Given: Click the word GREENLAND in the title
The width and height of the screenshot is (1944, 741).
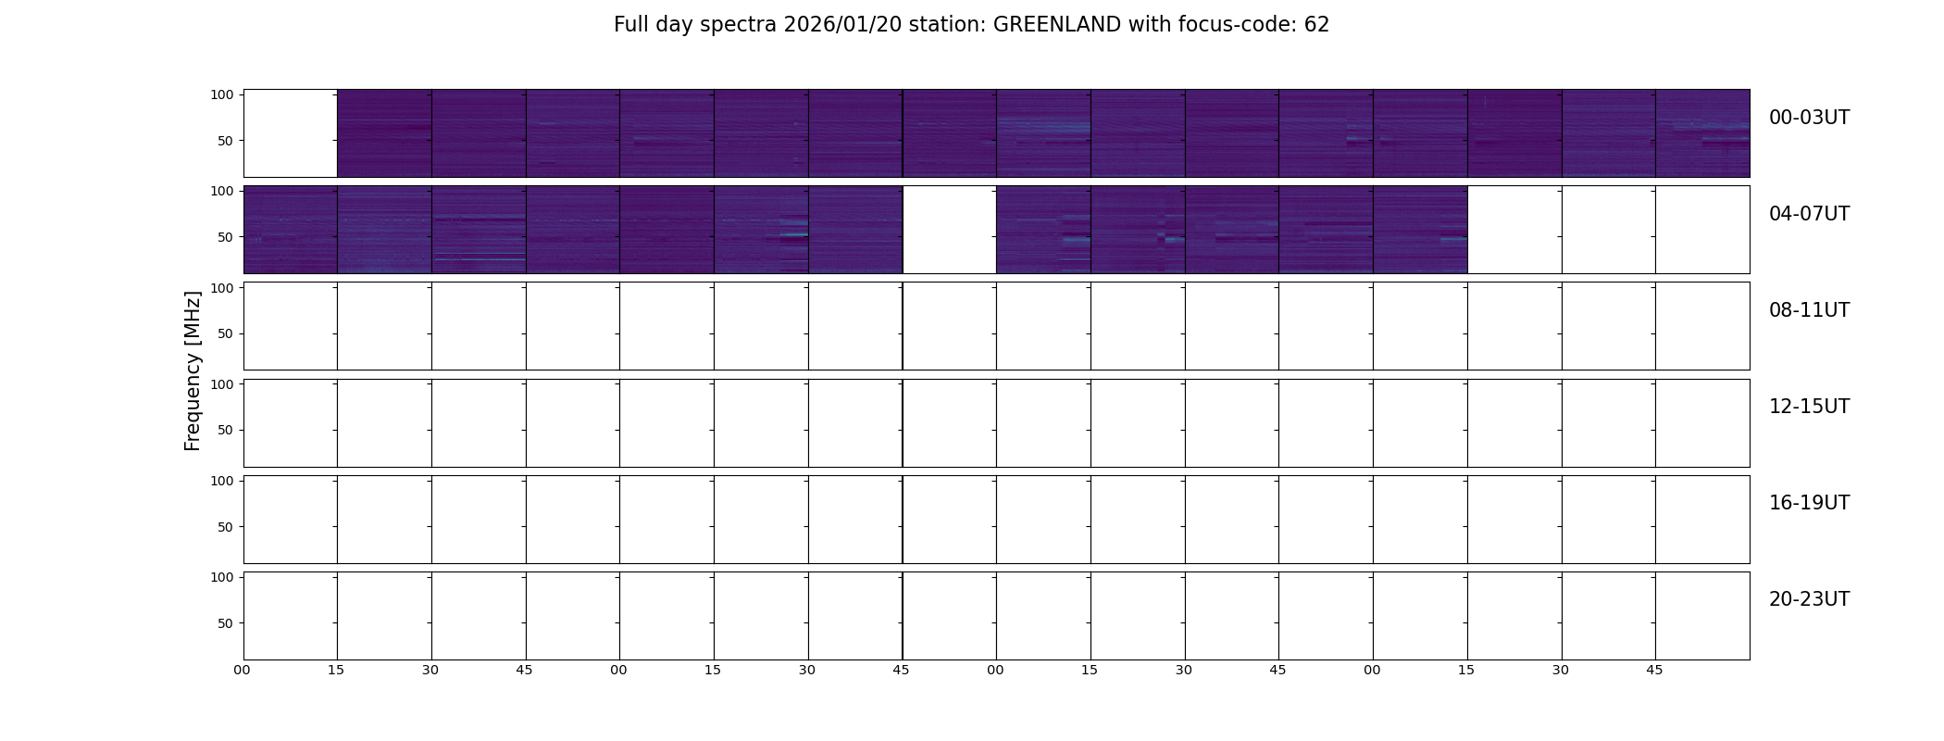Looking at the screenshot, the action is point(1057,25).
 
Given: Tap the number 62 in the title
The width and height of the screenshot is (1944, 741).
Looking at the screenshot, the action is point(1317,25).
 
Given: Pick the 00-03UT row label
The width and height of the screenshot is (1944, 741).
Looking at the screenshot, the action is point(1809,118).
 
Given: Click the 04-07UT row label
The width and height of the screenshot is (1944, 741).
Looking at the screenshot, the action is point(1809,214).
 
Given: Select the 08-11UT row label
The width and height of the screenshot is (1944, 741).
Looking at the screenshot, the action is point(1809,310).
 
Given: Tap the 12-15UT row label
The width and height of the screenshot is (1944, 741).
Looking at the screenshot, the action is point(1809,407).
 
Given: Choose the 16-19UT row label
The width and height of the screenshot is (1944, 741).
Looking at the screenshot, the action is point(1809,503).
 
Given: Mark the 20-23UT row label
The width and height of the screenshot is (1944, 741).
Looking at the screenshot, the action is point(1809,599).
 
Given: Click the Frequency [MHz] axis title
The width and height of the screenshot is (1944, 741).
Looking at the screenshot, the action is point(193,370).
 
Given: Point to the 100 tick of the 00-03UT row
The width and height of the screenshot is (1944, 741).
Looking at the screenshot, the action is point(222,94).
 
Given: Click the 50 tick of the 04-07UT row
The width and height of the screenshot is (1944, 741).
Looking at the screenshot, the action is point(226,237).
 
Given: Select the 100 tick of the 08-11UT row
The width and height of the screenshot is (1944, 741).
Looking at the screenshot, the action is point(222,288).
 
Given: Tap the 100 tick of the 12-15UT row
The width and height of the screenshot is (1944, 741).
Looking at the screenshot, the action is point(222,384).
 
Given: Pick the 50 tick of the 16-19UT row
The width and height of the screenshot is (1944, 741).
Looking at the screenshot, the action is point(226,527).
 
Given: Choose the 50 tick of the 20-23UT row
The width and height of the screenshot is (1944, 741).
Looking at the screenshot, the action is point(226,623).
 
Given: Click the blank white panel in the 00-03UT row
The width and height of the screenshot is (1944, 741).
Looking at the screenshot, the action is point(291,133).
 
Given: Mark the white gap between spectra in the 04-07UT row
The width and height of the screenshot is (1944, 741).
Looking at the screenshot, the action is point(950,230).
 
